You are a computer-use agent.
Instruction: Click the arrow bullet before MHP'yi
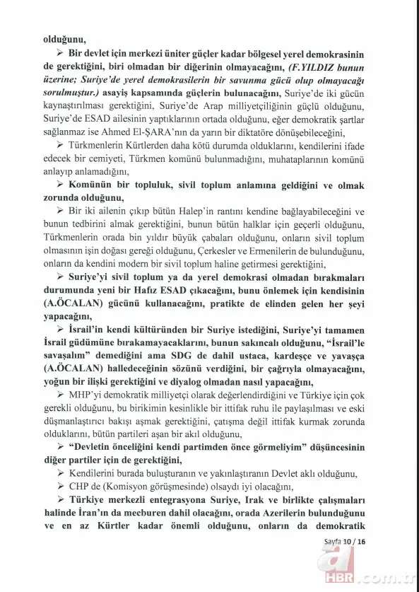point(61,395)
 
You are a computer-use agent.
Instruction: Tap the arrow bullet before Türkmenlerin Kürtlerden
point(61,146)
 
